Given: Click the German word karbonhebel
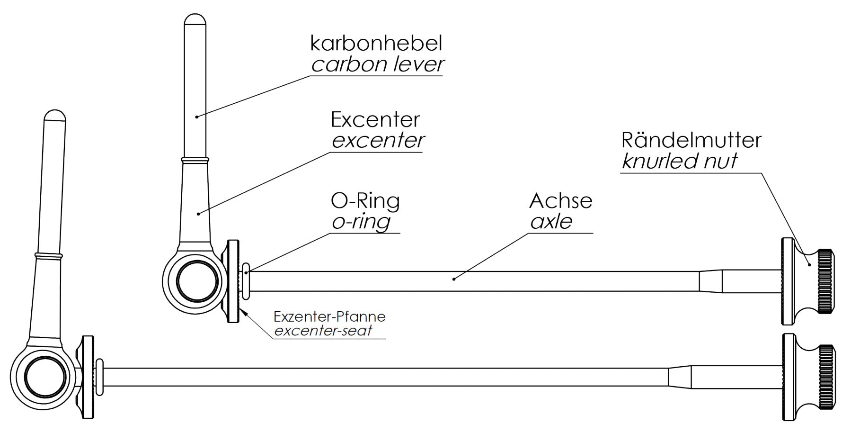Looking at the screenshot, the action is coord(376,43).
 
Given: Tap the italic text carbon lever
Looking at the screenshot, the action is coord(378,64).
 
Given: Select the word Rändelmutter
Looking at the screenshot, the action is coord(691,140).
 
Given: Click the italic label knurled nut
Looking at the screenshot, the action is coord(679,161).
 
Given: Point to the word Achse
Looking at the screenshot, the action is coord(561,201).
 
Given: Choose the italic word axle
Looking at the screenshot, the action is coord(551,221).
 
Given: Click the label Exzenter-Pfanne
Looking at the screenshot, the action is coord(329,316).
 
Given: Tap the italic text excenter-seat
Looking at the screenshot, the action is coord(323,330).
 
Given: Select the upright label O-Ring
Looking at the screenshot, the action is coord(365,201).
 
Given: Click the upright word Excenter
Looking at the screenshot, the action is coord(375,119).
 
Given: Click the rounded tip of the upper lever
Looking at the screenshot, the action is coord(195,20).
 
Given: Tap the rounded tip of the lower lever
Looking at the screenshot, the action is coord(55,116).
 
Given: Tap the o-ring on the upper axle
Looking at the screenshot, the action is coord(246,281).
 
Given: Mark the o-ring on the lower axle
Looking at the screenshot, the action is coord(99,377).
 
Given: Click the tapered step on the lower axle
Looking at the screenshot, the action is coord(680,377).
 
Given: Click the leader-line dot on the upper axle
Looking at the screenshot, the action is coord(453,279).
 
